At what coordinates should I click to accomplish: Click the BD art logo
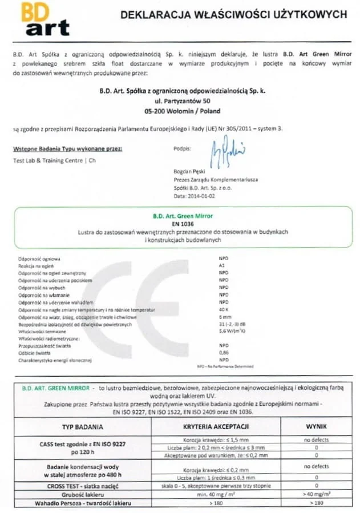click(x=45, y=19)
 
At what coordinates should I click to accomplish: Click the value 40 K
click(x=224, y=309)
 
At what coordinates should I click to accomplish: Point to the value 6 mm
click(x=224, y=317)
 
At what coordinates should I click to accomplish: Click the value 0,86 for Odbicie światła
click(x=224, y=353)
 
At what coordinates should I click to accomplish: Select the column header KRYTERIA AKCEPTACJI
click(x=215, y=426)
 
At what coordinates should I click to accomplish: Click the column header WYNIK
click(x=315, y=426)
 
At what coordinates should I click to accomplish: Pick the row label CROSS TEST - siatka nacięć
click(x=82, y=486)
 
